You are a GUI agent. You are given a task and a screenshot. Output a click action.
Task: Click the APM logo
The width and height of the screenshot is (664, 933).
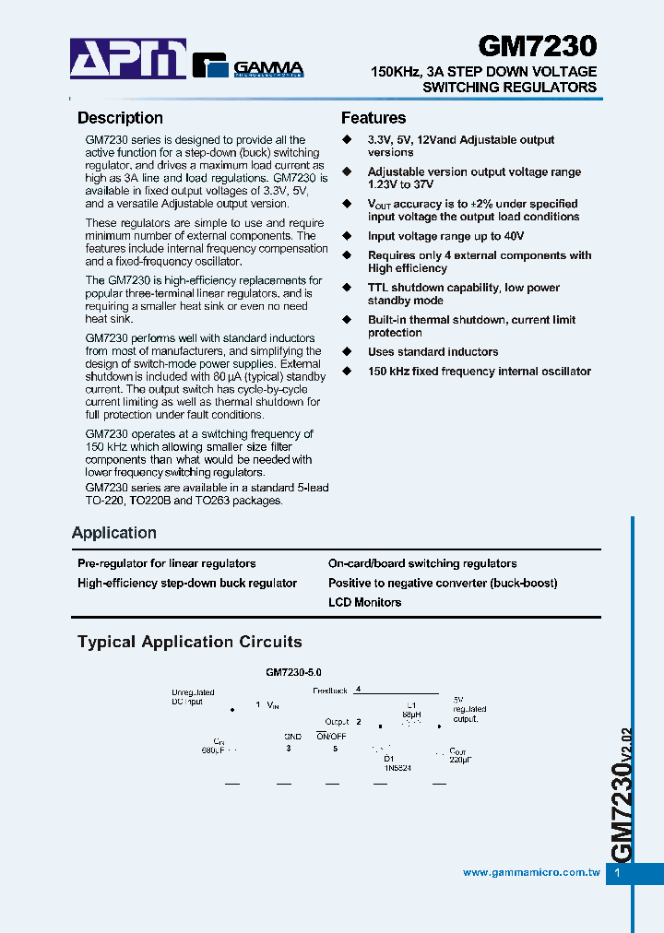[x=128, y=59]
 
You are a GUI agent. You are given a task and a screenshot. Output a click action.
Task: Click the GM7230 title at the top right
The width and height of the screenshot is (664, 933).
[x=537, y=47]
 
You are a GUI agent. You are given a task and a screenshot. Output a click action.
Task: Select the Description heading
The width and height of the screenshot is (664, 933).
[x=120, y=118]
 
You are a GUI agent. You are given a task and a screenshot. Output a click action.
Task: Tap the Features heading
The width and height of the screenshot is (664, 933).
[x=373, y=118]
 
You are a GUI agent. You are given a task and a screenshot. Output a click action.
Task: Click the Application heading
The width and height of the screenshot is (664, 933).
[x=114, y=533]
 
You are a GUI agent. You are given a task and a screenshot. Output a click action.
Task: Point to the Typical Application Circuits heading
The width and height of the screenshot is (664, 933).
[x=189, y=642]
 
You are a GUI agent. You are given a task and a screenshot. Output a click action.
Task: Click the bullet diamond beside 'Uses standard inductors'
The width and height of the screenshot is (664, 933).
[x=348, y=352]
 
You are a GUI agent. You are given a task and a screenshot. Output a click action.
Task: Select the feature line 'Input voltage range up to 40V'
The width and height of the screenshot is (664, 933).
[x=445, y=236]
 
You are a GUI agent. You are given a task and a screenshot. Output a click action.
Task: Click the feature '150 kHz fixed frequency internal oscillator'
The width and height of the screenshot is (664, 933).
[x=479, y=372]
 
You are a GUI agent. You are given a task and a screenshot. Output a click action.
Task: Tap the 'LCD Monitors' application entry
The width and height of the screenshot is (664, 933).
[x=364, y=602]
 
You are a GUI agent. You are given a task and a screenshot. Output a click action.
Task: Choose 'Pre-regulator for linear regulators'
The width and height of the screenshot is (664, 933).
[x=167, y=563]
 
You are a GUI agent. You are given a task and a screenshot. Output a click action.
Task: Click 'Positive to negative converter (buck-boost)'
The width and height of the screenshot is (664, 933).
[x=443, y=583]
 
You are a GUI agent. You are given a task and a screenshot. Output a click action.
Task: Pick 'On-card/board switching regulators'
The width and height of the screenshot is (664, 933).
[x=422, y=563]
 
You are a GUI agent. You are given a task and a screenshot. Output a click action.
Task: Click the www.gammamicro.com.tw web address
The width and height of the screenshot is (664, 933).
[x=531, y=872]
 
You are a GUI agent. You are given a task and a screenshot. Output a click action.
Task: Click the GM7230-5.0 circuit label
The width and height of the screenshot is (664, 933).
[x=293, y=674]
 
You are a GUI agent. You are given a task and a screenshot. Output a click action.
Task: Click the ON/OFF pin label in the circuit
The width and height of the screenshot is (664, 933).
[x=330, y=737]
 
